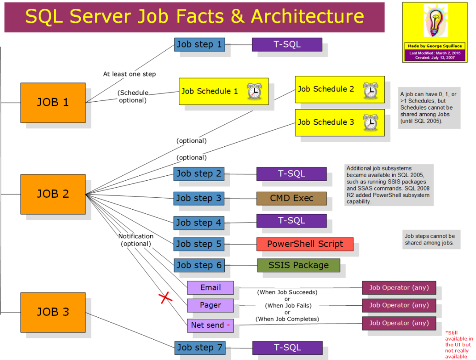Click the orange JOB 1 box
(x=53, y=103)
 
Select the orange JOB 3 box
(x=53, y=312)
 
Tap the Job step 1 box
(x=200, y=45)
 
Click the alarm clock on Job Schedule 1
(x=254, y=91)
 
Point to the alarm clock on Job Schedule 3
(x=371, y=122)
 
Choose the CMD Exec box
(x=291, y=199)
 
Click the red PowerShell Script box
(x=305, y=244)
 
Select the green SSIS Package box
(x=298, y=265)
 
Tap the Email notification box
(x=210, y=288)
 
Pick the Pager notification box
(x=210, y=305)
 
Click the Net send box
(x=210, y=325)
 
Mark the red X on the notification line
(x=165, y=298)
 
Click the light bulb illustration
(x=436, y=20)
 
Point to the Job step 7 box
(x=200, y=348)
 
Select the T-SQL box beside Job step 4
(x=291, y=221)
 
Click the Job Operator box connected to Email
(x=399, y=288)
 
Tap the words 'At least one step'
(x=129, y=74)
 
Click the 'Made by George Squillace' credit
(x=435, y=46)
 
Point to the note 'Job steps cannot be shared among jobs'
(x=430, y=239)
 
